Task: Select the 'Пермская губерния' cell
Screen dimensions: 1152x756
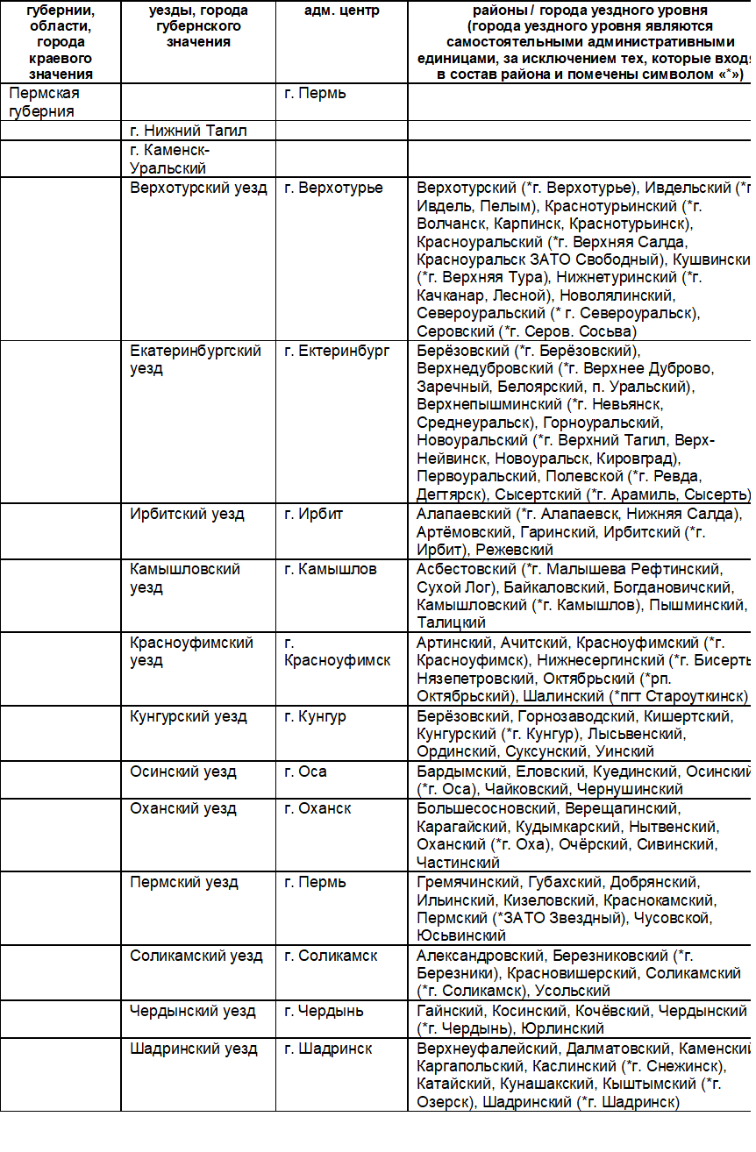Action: (x=45, y=103)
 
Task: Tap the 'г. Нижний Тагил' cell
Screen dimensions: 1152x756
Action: (x=189, y=131)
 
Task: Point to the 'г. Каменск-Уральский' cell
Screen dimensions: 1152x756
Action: (x=171, y=159)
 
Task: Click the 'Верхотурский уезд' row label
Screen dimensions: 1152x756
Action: (x=199, y=188)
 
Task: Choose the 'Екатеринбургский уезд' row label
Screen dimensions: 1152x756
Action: (x=196, y=359)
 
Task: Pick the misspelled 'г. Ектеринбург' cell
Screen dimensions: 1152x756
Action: (x=337, y=351)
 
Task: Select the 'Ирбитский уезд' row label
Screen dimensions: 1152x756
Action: (x=188, y=514)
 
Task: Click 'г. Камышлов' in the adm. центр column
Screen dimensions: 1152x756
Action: (x=331, y=569)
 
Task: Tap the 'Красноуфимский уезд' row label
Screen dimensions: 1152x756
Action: (x=192, y=651)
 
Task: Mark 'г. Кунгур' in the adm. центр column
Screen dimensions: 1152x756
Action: (x=315, y=716)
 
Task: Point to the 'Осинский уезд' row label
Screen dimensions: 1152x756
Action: (x=183, y=772)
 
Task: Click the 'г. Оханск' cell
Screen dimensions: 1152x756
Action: (x=317, y=808)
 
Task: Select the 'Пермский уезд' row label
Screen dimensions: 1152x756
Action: (x=184, y=882)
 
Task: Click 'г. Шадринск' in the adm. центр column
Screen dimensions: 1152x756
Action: (x=328, y=1049)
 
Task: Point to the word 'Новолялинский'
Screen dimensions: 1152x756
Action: (x=611, y=295)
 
